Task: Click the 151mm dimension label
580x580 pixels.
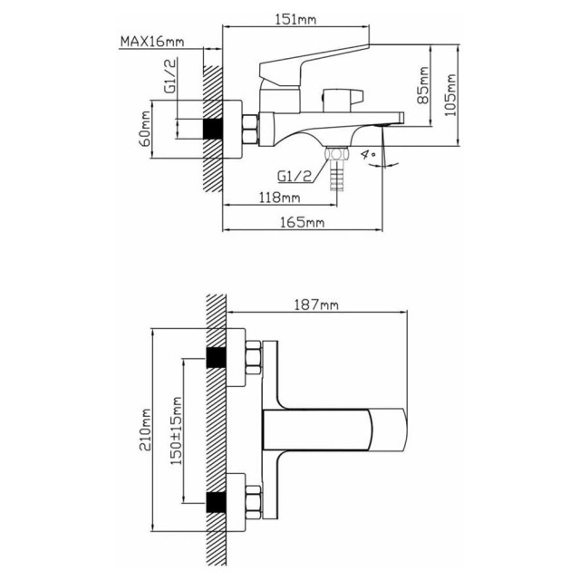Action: click(x=295, y=19)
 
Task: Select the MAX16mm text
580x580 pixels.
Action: click(x=152, y=42)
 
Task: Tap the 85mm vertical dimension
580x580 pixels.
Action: click(x=423, y=85)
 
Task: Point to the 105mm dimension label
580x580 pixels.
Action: click(x=450, y=95)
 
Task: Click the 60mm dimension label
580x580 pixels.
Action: click(x=145, y=129)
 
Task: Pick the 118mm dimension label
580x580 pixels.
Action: click(x=279, y=198)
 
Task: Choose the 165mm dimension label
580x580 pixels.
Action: click(x=302, y=222)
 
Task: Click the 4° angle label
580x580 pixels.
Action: click(x=369, y=154)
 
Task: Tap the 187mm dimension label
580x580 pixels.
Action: click(x=316, y=304)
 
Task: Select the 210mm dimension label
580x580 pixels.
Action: click(x=145, y=430)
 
